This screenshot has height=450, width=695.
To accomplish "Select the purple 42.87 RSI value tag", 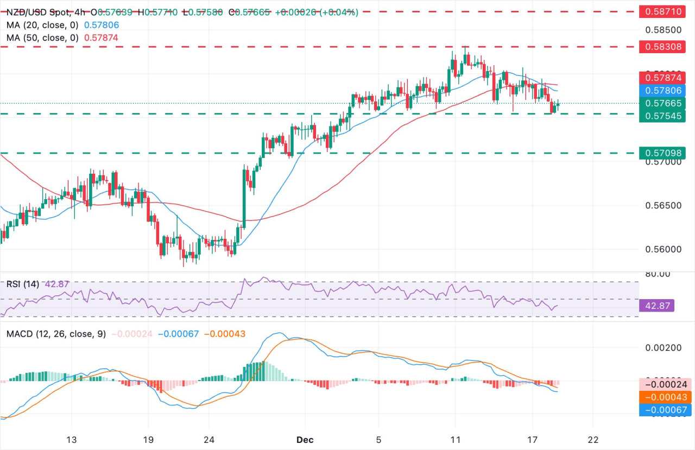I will click(x=658, y=306).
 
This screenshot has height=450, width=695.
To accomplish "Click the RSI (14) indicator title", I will click(x=23, y=283).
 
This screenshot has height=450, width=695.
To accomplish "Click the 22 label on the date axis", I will click(x=593, y=439).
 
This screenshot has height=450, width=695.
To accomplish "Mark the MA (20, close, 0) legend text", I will click(x=42, y=25).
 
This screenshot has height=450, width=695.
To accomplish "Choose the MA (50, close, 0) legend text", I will click(x=42, y=37).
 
